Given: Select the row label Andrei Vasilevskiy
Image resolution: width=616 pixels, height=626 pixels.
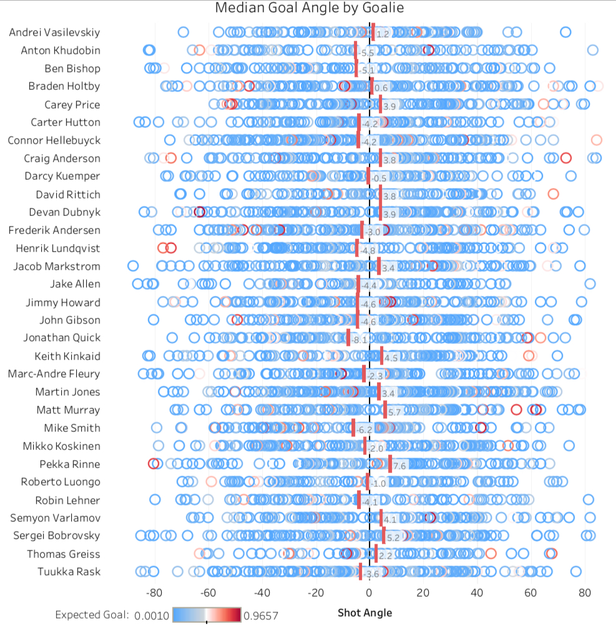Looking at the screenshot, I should point(54,32).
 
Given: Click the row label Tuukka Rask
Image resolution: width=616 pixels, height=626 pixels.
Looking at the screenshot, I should point(69,572).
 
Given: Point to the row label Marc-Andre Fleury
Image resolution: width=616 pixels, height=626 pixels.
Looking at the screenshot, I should point(54,374).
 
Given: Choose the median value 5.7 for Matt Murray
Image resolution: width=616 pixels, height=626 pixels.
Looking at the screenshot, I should point(395,413).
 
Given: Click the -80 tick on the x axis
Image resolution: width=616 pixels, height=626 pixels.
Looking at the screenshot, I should point(154,592).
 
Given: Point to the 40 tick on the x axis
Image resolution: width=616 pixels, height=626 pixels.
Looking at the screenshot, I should point(477,592).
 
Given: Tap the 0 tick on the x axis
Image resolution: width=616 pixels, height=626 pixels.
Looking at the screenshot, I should point(369,592).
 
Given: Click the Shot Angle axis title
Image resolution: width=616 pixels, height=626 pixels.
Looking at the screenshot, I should point(365,612).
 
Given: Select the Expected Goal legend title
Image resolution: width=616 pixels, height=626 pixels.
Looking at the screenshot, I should point(92,615).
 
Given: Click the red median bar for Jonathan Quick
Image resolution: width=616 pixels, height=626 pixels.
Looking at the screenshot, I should point(348,338).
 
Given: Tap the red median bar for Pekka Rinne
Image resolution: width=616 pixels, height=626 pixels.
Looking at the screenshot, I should point(390,464).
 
